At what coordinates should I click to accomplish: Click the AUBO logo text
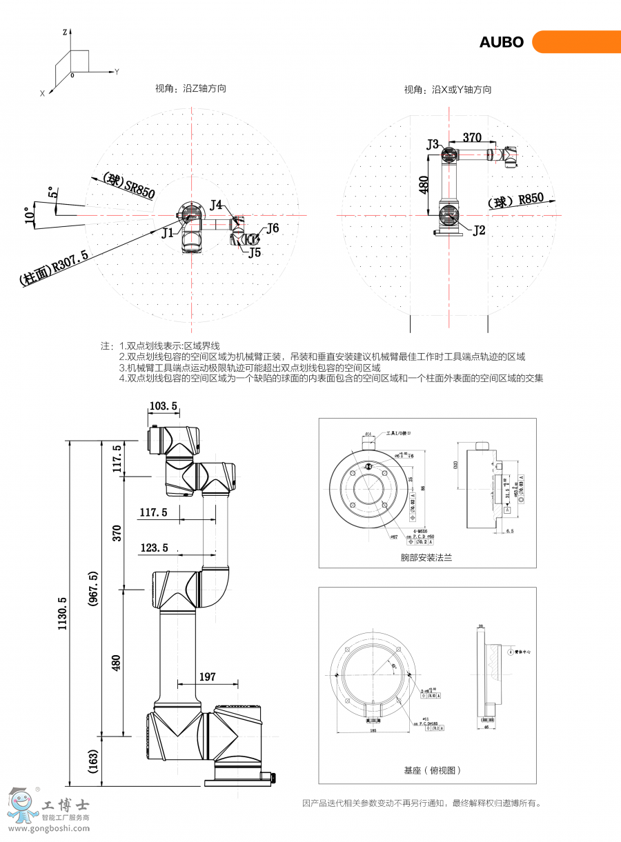pos(502,42)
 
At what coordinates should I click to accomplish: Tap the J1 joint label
pos(168,233)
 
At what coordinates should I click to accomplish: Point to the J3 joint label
pos(433,144)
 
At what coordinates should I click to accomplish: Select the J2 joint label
pos(479,230)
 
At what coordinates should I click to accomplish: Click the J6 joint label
pos(273,228)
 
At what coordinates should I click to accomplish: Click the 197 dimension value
pos(207,676)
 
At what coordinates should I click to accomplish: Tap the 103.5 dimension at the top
pos(163,405)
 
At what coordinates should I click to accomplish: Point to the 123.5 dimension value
pos(154,548)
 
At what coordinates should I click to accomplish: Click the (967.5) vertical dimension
pos(93,588)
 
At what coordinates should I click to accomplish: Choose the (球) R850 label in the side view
pos(515,201)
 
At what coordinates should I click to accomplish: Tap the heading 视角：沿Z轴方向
pos(190,88)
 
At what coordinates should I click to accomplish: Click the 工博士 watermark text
pos(66,805)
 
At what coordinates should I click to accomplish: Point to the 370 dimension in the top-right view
pos(472,138)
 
